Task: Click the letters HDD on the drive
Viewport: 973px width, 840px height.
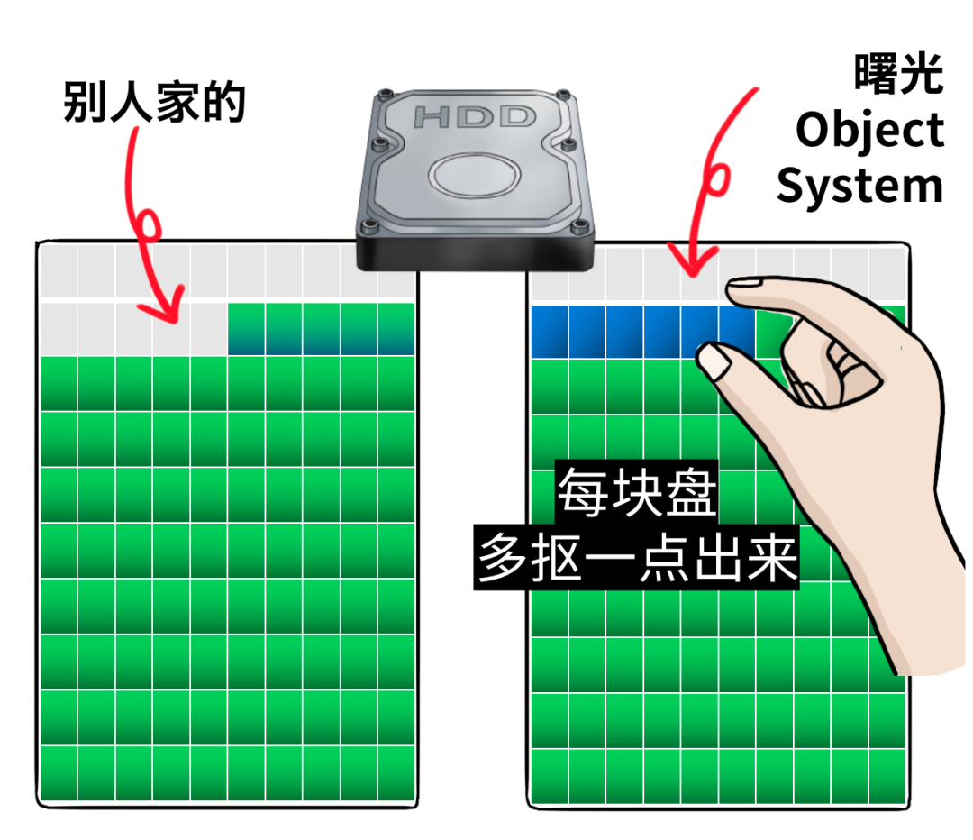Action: tap(475, 117)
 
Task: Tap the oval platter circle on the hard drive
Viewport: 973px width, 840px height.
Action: tap(475, 175)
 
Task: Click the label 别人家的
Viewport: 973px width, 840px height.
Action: tap(155, 102)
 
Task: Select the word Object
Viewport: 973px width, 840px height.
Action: tap(870, 131)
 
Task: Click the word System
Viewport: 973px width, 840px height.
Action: tap(860, 187)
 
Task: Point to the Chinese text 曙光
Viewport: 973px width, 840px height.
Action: tap(898, 74)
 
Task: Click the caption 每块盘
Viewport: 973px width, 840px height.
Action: tap(637, 492)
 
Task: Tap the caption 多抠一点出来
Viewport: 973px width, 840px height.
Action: tap(637, 558)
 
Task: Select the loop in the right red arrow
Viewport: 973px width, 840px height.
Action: tap(717, 179)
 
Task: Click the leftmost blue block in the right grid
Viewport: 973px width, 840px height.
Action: tap(550, 332)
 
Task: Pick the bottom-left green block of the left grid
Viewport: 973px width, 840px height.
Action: tap(59, 773)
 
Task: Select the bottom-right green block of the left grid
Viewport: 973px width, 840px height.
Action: tap(396, 773)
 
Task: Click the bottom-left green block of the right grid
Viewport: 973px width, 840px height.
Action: tap(550, 776)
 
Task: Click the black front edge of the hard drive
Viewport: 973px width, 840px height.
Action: tap(475, 254)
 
